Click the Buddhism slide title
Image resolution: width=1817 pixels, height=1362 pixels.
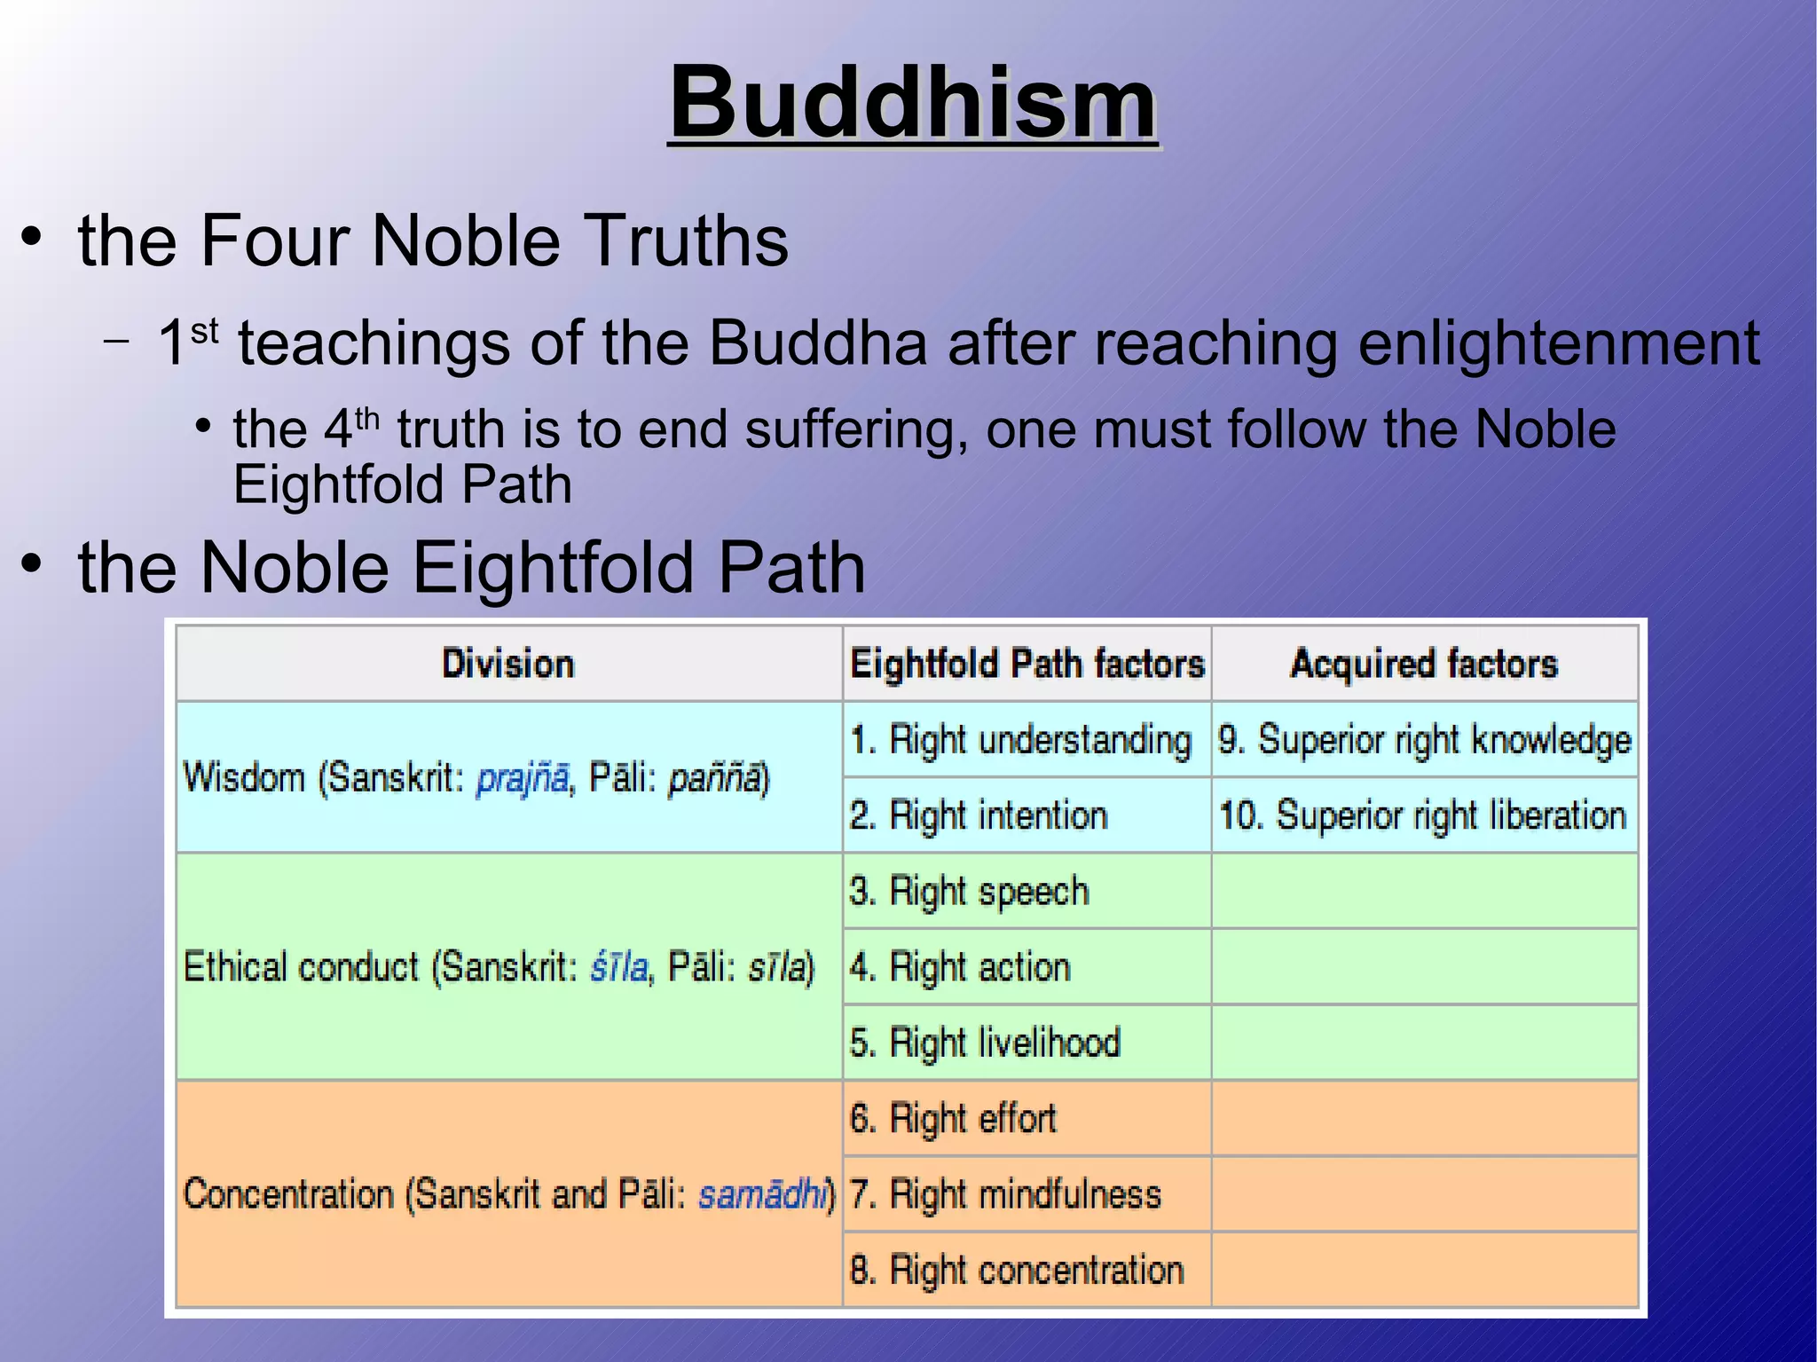coord(913,104)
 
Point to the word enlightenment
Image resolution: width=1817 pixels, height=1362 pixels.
coord(1558,343)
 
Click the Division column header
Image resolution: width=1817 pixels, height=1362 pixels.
coord(508,664)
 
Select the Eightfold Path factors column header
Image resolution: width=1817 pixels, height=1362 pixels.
coord(1026,664)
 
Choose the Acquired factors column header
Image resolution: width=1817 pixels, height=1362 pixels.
coord(1423,664)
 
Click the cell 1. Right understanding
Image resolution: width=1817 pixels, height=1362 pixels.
coord(1020,740)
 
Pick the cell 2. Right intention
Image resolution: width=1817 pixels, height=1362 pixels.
coord(979,815)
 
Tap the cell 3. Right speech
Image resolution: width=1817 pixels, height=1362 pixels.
coord(969,892)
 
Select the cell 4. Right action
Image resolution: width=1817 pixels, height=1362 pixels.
coord(960,967)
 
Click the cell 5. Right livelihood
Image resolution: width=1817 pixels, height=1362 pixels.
coord(985,1043)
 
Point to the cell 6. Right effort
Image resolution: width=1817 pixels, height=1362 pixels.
coord(953,1119)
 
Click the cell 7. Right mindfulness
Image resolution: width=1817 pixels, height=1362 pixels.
coord(1005,1194)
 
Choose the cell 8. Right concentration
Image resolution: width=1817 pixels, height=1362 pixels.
coord(1017,1270)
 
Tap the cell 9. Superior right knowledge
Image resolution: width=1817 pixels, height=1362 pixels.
coord(1424,740)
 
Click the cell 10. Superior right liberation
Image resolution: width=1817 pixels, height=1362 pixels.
coord(1422,815)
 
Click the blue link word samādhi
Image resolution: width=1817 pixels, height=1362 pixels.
coord(766,1194)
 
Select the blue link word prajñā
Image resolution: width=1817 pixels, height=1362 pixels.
coord(522,778)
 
